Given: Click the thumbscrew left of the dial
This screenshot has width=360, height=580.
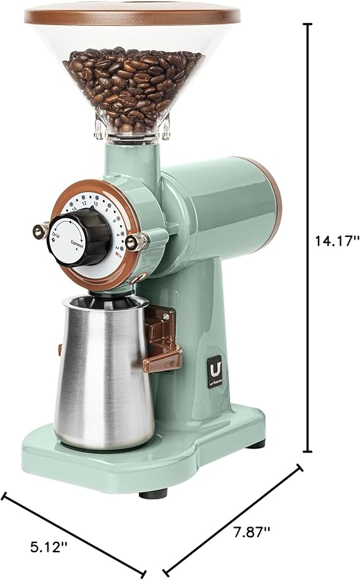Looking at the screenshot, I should click(x=39, y=230).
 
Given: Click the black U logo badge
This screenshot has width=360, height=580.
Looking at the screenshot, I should click(x=213, y=362).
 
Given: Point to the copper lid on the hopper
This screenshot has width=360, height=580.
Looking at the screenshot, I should click(x=132, y=15).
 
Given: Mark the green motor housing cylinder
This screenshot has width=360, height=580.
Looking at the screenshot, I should click(x=218, y=198).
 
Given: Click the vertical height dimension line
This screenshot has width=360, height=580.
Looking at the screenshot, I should click(x=307, y=238).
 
